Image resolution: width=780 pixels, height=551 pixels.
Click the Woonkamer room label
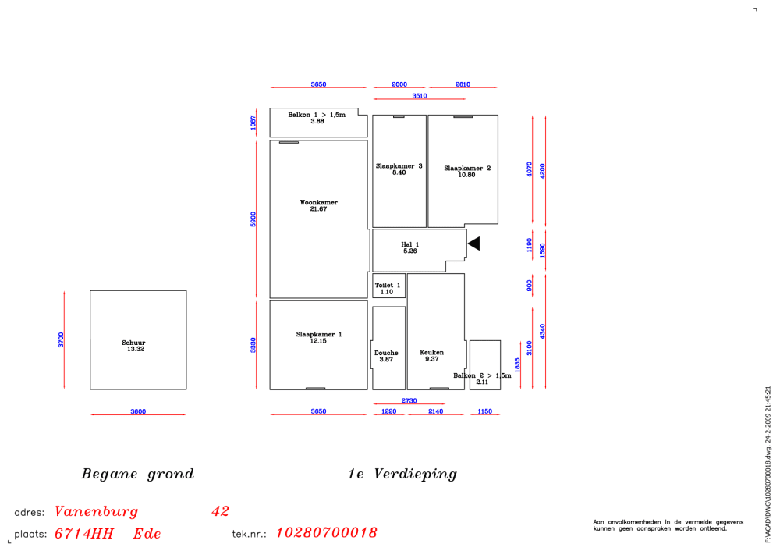click(319, 203)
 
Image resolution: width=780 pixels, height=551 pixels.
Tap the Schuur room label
click(133, 343)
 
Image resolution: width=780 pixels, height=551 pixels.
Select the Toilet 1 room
click(389, 286)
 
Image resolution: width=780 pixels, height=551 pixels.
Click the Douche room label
click(386, 353)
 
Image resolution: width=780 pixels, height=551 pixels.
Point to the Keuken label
click(432, 353)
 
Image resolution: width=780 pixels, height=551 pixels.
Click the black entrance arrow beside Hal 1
click(474, 244)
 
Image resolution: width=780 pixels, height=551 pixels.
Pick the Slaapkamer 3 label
click(399, 165)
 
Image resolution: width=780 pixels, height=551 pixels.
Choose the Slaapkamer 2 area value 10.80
click(466, 175)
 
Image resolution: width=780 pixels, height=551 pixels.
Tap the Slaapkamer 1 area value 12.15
click(318, 341)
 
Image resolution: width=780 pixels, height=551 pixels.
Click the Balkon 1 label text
click(317, 115)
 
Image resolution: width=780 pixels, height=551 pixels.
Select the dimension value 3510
click(420, 95)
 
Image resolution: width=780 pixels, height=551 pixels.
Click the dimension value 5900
click(253, 219)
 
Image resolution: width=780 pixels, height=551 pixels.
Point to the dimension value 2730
click(409, 400)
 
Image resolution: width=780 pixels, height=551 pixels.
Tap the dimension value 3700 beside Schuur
click(61, 340)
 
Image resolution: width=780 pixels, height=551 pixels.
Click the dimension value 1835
click(517, 364)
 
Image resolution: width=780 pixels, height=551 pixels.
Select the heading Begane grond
click(138, 474)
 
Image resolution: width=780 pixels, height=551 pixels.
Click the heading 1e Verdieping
click(402, 474)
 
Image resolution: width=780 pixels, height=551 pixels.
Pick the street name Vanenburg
click(97, 511)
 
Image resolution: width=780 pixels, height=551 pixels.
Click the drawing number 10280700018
click(326, 532)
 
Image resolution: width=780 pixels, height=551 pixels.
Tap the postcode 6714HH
click(84, 534)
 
